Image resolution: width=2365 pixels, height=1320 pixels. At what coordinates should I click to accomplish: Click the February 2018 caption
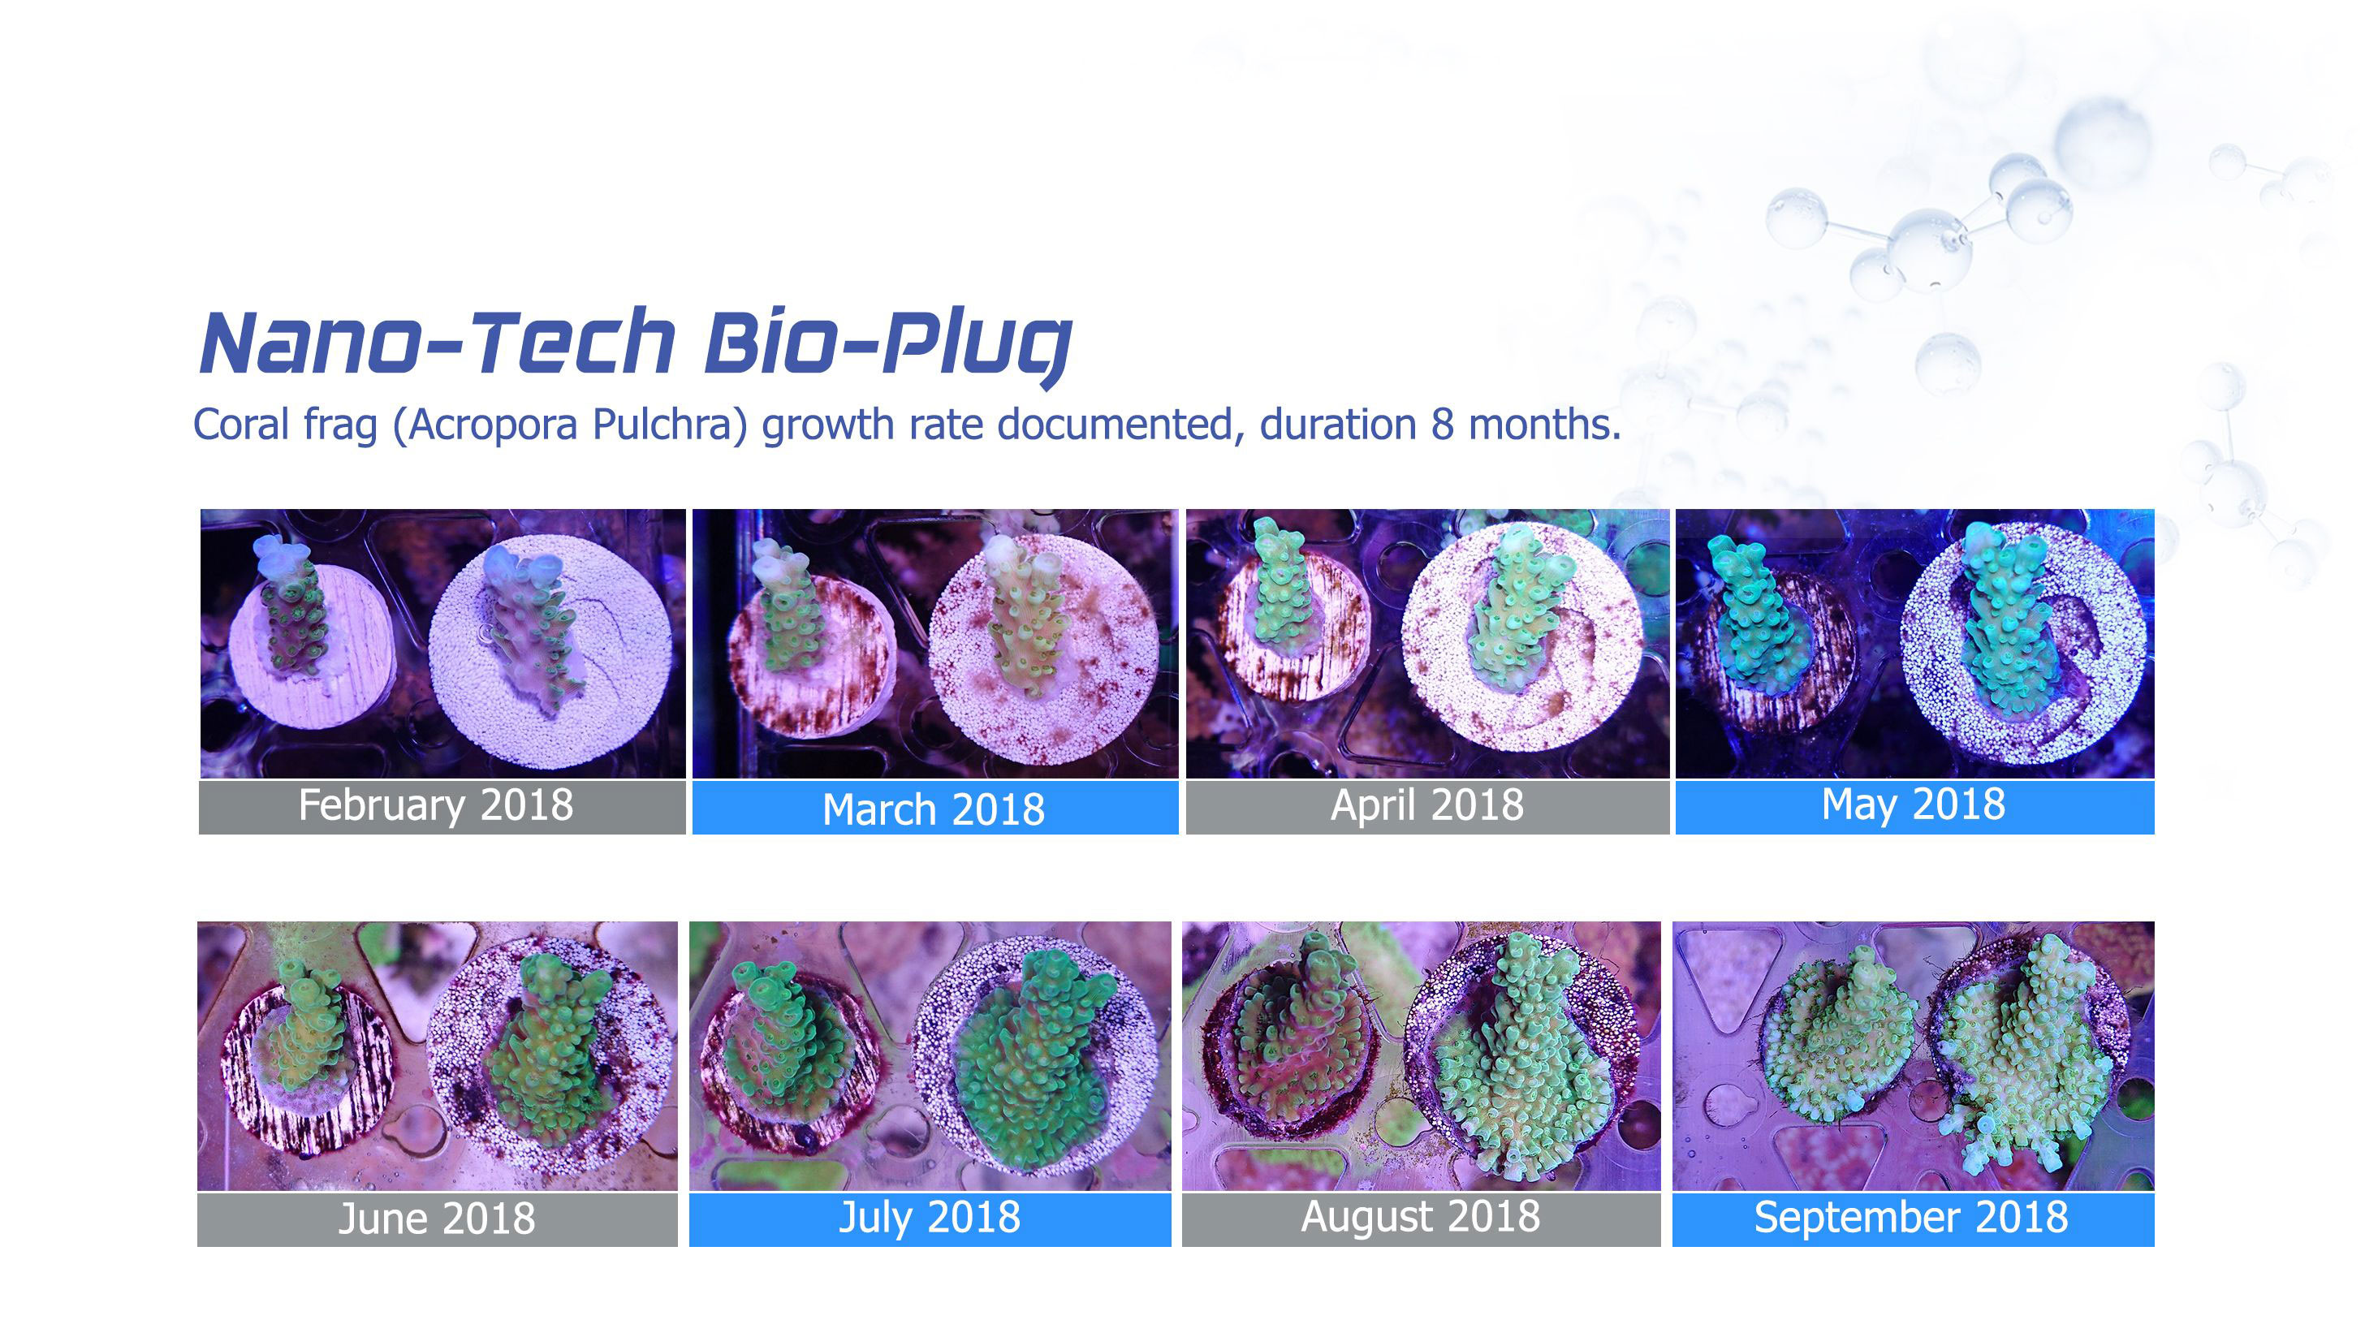435,805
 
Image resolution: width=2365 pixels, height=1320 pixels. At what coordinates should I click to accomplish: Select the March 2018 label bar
934,808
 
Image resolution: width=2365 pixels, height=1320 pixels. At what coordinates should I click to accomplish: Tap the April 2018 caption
1426,805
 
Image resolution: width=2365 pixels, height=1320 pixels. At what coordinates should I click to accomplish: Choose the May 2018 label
1914,805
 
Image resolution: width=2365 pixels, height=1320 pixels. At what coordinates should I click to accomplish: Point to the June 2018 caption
436,1218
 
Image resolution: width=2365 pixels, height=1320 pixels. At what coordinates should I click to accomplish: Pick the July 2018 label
929,1217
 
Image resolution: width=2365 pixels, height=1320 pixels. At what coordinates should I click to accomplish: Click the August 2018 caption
1420,1217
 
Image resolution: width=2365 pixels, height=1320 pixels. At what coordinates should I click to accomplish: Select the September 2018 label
1911,1217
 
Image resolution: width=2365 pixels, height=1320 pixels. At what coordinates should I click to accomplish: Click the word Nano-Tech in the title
438,343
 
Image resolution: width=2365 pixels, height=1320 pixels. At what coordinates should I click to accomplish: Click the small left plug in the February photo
311,646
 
